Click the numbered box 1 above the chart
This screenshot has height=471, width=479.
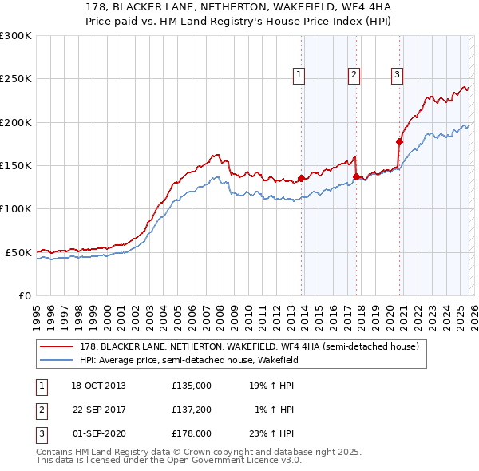tap(299, 75)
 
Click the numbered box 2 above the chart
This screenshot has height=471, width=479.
tap(354, 75)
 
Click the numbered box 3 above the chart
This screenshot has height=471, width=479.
tap(396, 75)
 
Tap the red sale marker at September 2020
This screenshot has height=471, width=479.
tap(399, 142)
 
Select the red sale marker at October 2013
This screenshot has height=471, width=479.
tap(302, 179)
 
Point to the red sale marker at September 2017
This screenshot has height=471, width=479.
tap(357, 177)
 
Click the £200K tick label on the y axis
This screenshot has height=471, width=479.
tap(16, 122)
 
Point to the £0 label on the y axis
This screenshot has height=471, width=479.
tap(25, 295)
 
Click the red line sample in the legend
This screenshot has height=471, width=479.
tap(57, 346)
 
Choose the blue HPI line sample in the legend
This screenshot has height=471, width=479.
tap(57, 360)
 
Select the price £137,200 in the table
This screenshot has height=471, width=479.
tap(191, 410)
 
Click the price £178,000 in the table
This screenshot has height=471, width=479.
tap(191, 434)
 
